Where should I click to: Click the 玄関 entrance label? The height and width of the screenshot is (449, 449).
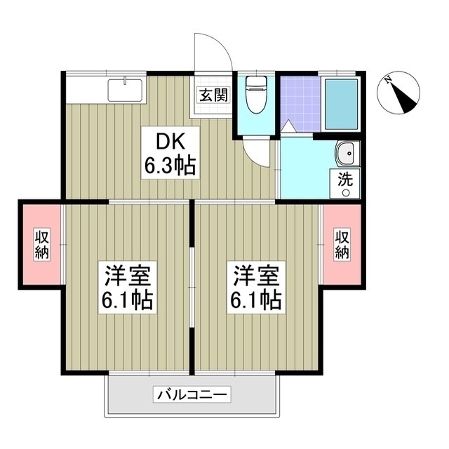click(x=211, y=95)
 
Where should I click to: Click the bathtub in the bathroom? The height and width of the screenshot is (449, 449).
click(x=342, y=103)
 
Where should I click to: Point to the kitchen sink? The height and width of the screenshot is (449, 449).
click(x=126, y=91)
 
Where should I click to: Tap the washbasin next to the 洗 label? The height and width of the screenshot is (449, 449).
click(x=346, y=154)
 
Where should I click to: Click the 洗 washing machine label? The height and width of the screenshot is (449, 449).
click(x=346, y=179)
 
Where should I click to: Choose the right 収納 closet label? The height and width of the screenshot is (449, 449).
click(x=342, y=243)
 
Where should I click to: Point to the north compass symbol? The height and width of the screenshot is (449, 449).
click(x=399, y=94)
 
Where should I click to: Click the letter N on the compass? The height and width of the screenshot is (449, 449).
click(x=388, y=81)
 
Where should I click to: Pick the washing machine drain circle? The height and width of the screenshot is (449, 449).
click(x=346, y=192)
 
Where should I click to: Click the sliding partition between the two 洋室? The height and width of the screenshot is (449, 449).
click(x=192, y=288)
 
